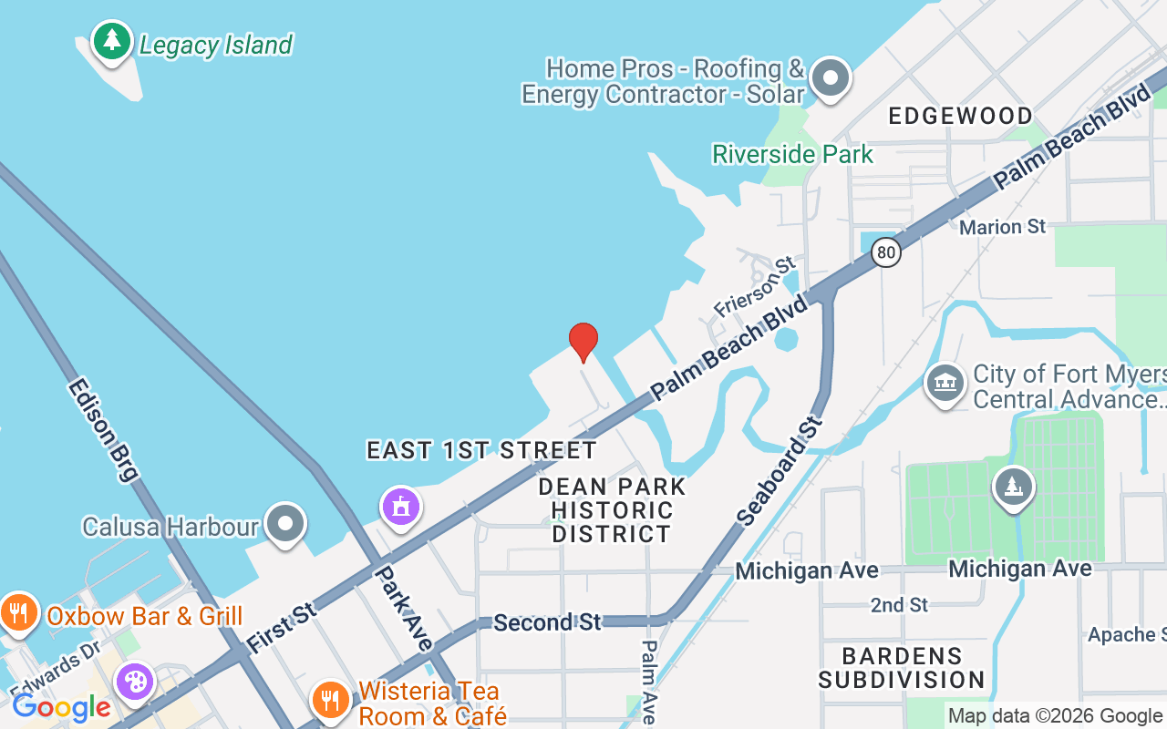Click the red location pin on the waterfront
[x=583, y=342]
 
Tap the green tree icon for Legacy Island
[x=112, y=41]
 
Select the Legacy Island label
[x=215, y=45]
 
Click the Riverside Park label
[x=792, y=154]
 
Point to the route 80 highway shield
[x=885, y=252]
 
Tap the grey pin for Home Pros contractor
[x=831, y=78]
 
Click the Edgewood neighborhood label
[x=960, y=116]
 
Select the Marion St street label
[x=1002, y=226]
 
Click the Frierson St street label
[x=755, y=287]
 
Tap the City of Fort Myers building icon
[x=945, y=384]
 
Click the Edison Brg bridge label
[x=102, y=429]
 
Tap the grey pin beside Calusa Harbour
[x=286, y=525]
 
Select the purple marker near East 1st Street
[x=400, y=506]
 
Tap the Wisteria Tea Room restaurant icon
[x=329, y=700]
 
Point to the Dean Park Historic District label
[x=612, y=509]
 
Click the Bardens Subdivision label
[x=902, y=668]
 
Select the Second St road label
[x=547, y=622]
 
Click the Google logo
[x=61, y=707]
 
